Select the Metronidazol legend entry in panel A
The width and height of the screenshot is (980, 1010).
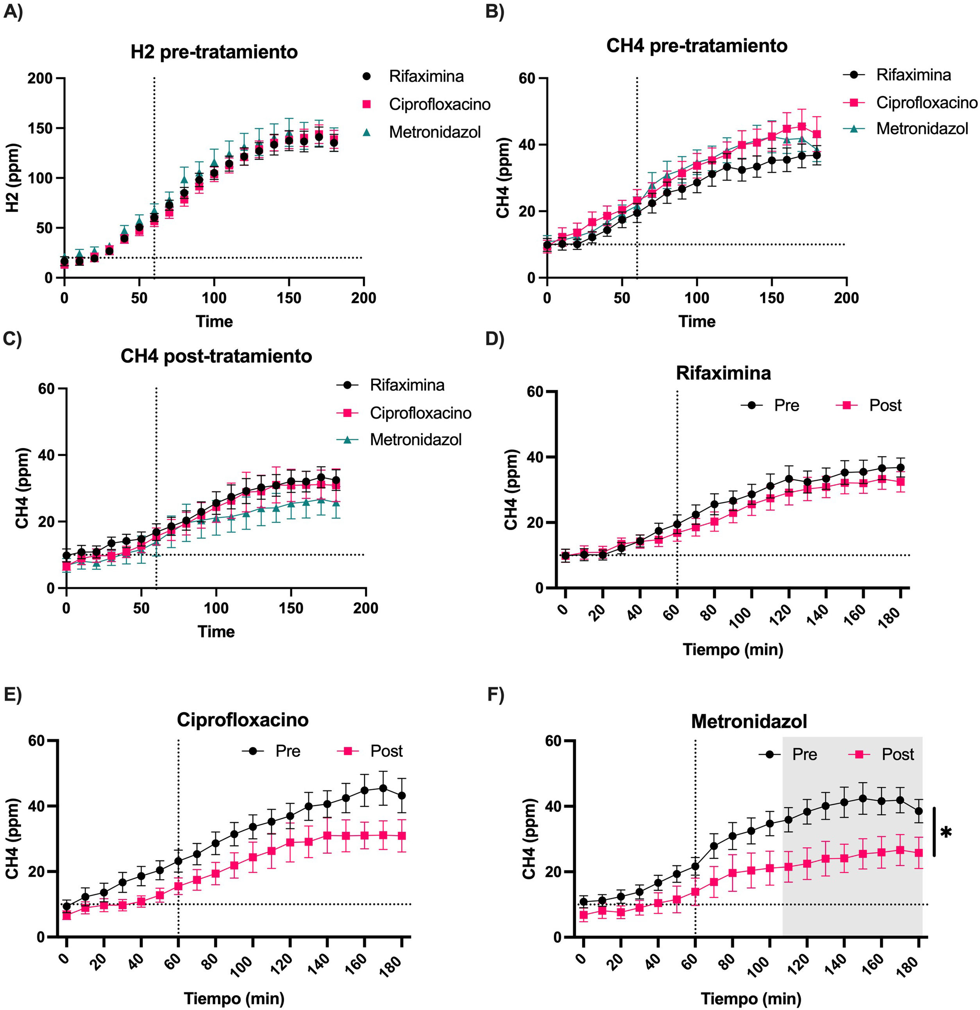point(435,132)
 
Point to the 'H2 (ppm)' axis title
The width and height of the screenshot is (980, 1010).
point(13,178)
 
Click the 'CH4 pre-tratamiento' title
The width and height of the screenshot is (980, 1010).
point(697,46)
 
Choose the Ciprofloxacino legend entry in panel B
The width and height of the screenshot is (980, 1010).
point(926,102)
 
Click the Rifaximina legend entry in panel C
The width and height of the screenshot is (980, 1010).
point(406,385)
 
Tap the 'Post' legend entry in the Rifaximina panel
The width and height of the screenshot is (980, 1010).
point(885,406)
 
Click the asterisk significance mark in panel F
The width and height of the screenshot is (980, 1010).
point(946,832)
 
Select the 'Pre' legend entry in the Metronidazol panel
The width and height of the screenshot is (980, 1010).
point(804,754)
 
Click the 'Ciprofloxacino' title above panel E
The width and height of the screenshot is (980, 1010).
point(242,719)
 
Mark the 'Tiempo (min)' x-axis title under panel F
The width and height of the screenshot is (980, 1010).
point(751,998)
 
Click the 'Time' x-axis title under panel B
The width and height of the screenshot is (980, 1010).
point(697,322)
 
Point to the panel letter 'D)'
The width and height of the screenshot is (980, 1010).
point(495,339)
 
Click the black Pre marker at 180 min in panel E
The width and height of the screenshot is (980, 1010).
point(401,795)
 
